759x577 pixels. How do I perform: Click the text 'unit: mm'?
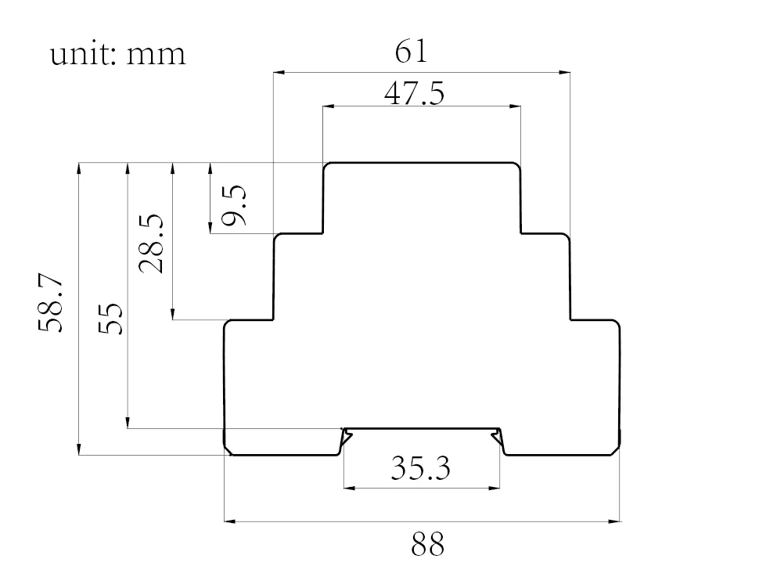[118, 54]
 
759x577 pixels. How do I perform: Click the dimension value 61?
[412, 52]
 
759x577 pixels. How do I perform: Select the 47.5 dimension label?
[414, 93]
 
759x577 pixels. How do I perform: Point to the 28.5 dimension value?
[151, 243]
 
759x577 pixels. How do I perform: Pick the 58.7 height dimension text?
[51, 304]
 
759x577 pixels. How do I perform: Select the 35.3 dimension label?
[421, 468]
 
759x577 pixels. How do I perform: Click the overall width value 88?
[427, 543]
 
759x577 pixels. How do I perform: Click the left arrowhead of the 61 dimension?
[278, 73]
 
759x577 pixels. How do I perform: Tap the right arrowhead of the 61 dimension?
[565, 73]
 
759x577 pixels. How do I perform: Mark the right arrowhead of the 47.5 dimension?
[516, 106]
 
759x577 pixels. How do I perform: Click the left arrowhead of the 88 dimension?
[230, 520]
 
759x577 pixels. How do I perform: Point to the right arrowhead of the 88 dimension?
[615, 520]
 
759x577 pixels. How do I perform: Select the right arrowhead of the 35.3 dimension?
[495, 488]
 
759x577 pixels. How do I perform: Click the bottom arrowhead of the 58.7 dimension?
[79, 449]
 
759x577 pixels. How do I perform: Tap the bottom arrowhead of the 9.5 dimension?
[210, 228]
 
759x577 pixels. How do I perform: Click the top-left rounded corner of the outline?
[328, 166]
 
